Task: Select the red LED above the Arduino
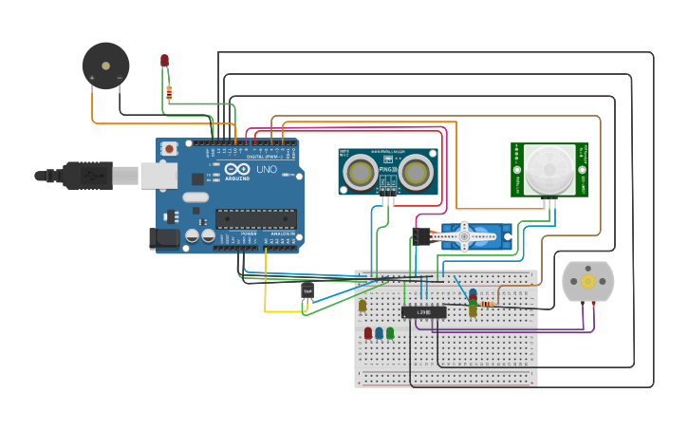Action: click(x=164, y=61)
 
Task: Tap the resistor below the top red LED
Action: click(x=169, y=92)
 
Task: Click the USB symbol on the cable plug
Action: click(x=92, y=176)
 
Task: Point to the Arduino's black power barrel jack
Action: click(x=167, y=239)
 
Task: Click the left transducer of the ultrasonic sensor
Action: click(x=360, y=172)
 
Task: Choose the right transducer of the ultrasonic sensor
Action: click(x=416, y=172)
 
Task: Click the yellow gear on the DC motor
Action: click(x=587, y=282)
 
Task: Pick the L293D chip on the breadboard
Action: click(x=423, y=311)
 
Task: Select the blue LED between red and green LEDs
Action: click(x=379, y=333)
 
